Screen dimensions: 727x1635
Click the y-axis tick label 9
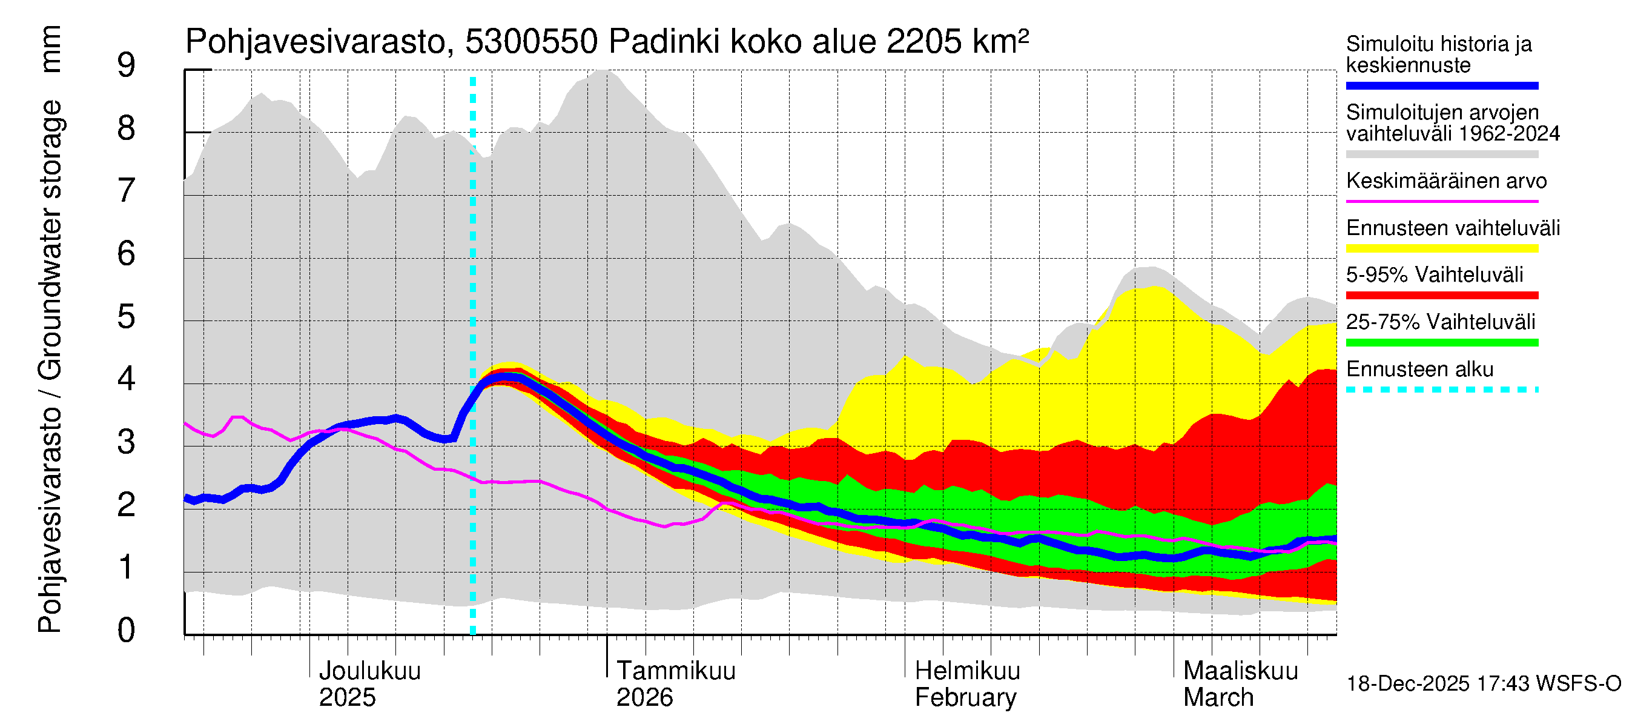tap(127, 65)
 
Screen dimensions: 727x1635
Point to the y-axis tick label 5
tap(127, 316)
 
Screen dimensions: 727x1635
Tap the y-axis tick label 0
tap(127, 631)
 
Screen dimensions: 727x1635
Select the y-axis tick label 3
tap(127, 442)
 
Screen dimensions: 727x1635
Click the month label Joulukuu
tap(369, 671)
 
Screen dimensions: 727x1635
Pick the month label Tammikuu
tap(675, 671)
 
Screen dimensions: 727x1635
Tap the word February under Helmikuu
tap(965, 698)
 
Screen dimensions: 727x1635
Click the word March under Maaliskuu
tap(1218, 698)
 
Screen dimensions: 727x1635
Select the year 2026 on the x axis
tap(644, 698)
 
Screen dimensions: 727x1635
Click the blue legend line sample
tap(1441, 85)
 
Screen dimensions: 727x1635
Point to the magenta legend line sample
tap(1441, 201)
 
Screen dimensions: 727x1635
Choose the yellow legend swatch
tap(1441, 248)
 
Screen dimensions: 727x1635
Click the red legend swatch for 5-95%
tap(1441, 295)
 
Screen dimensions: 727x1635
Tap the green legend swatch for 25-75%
tap(1441, 343)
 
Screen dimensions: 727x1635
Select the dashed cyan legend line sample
tap(1441, 390)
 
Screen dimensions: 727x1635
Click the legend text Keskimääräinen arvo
tap(1446, 181)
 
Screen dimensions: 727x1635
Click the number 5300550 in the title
tap(530, 42)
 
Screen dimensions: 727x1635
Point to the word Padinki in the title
tap(664, 42)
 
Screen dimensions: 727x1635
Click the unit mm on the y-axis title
tap(50, 49)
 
